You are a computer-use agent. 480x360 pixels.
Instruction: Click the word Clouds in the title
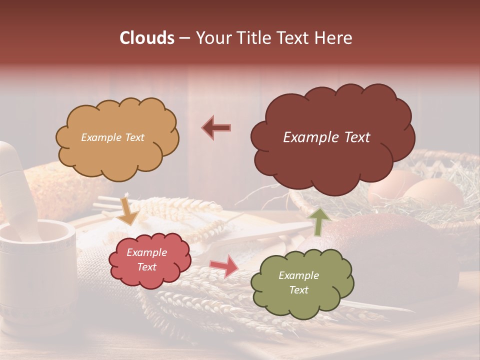tap(147, 38)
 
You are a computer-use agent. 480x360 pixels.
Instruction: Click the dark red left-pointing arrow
tap(216, 128)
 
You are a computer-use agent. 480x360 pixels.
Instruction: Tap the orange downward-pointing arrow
tap(128, 210)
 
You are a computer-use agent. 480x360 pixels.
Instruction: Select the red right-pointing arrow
tap(224, 265)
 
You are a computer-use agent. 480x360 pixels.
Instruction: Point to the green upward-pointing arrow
tap(320, 220)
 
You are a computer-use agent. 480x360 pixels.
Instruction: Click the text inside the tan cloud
tap(112, 137)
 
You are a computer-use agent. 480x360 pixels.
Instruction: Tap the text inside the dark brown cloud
tap(326, 137)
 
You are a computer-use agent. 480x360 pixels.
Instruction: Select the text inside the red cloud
tap(146, 259)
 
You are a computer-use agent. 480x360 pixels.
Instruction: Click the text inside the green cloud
tap(298, 282)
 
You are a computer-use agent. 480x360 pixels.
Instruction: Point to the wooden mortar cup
tap(35, 270)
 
